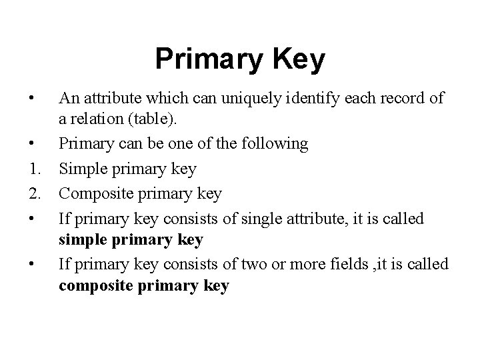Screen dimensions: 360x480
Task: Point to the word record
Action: (395, 99)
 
